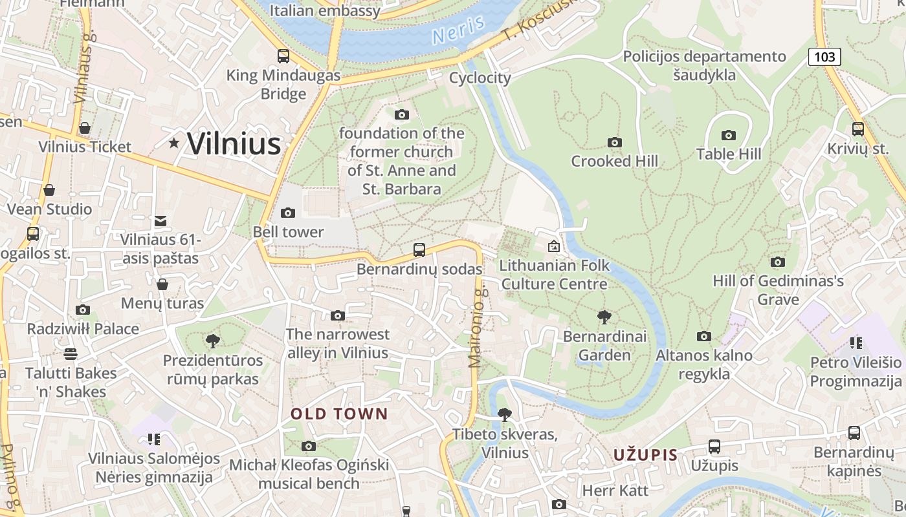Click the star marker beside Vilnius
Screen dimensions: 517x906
(174, 143)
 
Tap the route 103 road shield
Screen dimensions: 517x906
(824, 57)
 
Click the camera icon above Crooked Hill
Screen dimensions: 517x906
(614, 142)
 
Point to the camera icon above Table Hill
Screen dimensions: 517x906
(729, 135)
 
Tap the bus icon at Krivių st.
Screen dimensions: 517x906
(857, 129)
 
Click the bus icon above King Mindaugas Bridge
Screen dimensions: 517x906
(283, 56)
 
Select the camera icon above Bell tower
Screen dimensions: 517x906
(287, 213)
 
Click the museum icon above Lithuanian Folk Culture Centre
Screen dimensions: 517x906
(553, 246)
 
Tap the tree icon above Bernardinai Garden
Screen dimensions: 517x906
(604, 317)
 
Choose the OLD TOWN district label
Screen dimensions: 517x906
(339, 414)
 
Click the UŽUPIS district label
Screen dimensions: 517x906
(645, 455)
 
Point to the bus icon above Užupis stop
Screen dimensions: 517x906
(714, 447)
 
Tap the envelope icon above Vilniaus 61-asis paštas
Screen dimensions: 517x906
(160, 221)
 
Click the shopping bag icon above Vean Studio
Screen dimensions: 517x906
(49, 190)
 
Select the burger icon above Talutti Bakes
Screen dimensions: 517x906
(71, 353)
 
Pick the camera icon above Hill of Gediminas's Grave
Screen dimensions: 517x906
(777, 262)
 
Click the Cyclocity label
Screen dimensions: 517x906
(480, 78)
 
